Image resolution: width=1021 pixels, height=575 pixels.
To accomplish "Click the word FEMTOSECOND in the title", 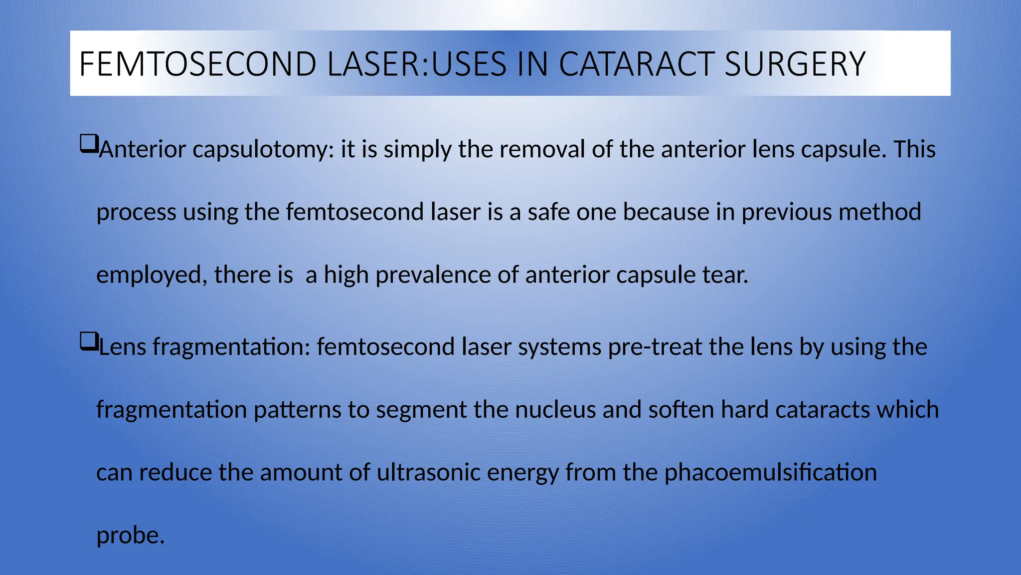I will (198, 64).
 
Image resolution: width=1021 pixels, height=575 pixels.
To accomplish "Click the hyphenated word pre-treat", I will (655, 347).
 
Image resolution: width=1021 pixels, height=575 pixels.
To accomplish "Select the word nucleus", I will (555, 410).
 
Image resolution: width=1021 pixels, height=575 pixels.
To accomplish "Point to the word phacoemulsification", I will (770, 472).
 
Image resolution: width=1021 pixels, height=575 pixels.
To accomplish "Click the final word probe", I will (130, 536).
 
